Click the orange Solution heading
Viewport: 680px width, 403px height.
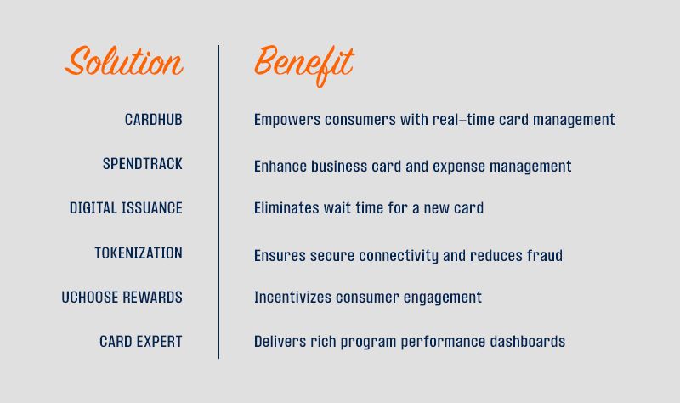pyautogui.click(x=124, y=60)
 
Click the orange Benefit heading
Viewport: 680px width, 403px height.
pyautogui.click(x=304, y=65)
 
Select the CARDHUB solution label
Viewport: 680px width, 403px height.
pyautogui.click(x=154, y=120)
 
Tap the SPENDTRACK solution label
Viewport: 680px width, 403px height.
pyautogui.click(x=142, y=164)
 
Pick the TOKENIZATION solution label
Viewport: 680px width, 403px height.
pyautogui.click(x=139, y=253)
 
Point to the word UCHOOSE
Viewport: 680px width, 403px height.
pyautogui.click(x=90, y=298)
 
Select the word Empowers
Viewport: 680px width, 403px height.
pyautogui.click(x=287, y=120)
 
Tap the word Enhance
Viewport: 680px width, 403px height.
pyautogui.click(x=280, y=166)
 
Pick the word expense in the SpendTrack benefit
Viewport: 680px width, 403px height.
pyautogui.click(x=459, y=167)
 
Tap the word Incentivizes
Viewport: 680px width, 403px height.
pyautogui.click(x=292, y=298)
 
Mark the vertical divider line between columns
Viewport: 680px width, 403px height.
pyautogui.click(x=218, y=201)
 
